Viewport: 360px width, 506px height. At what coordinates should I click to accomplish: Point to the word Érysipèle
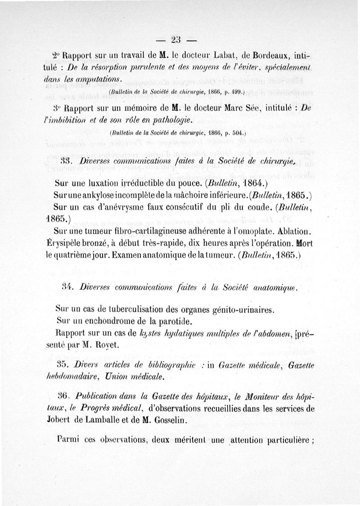coord(73,243)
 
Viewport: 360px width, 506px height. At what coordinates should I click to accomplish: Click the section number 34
coord(67,288)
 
